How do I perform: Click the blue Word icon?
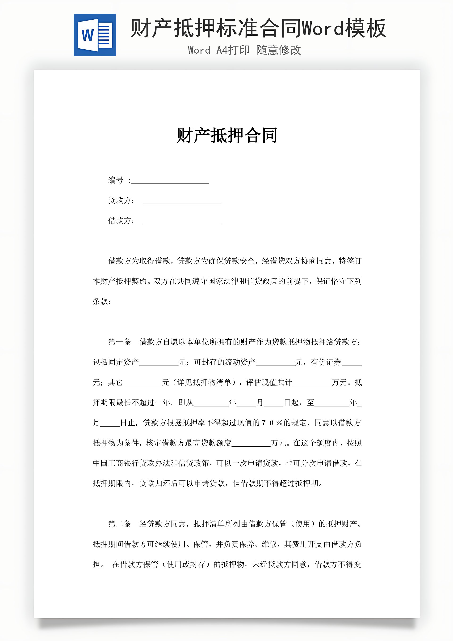(95, 35)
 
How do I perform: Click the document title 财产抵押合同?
(227, 136)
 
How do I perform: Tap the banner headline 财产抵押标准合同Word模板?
(258, 28)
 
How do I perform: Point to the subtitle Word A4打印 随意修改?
(244, 50)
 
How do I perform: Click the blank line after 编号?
(170, 181)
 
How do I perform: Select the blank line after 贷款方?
(182, 201)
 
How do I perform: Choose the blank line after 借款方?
(182, 221)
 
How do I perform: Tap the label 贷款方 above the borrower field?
(120, 201)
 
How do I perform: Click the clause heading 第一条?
(119, 342)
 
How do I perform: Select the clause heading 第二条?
(119, 524)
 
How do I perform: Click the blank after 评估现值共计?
(312, 383)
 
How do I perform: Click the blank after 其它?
(142, 383)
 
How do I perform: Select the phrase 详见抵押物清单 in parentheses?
(204, 382)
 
